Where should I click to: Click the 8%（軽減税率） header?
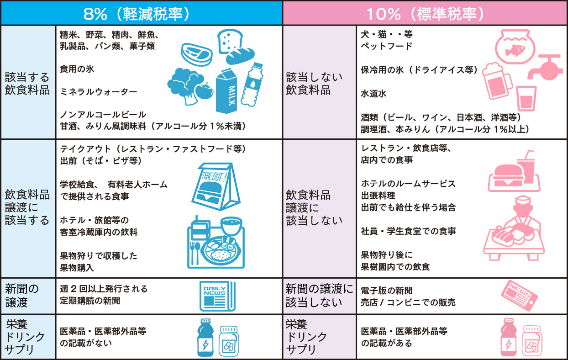142,13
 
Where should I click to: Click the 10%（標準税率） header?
425,13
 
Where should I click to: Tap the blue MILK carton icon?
231,90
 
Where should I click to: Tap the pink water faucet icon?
545,66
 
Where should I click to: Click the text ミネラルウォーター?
98,92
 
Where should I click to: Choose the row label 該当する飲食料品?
27,83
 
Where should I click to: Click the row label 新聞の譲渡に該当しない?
319,295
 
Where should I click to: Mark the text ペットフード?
386,46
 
